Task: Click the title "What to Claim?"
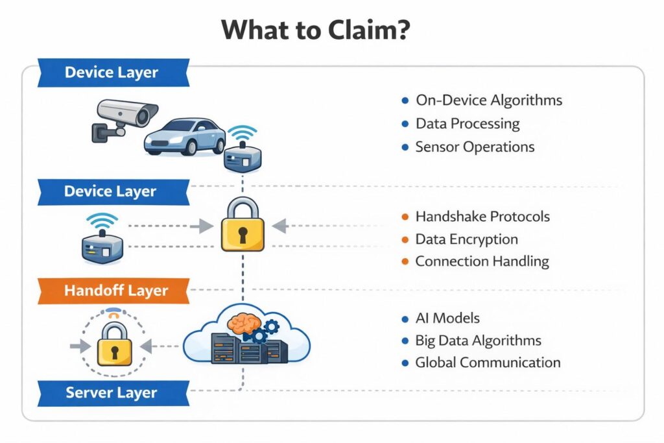point(315,30)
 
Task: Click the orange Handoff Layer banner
point(113,291)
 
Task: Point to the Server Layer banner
point(111,392)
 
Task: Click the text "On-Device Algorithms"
point(489,101)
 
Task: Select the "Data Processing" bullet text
point(468,123)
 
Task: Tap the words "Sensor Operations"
point(475,147)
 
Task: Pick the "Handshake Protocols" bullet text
point(482,216)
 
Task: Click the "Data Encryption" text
point(466,239)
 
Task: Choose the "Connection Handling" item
point(482,261)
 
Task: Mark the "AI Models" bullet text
point(447,318)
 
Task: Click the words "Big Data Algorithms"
point(478,340)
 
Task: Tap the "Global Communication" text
point(488,363)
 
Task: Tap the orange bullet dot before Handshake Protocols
point(405,217)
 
